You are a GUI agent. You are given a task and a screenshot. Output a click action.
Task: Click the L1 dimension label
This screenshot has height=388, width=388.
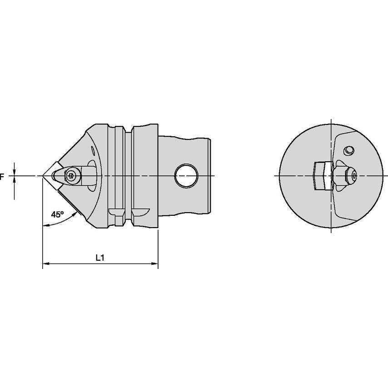tap(100, 258)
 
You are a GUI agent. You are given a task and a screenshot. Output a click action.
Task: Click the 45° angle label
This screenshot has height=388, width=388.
tap(57, 214)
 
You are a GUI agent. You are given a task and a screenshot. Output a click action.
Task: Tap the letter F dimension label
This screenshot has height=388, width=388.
tap(2, 176)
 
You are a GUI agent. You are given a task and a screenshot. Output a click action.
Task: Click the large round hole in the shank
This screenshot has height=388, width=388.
tap(186, 175)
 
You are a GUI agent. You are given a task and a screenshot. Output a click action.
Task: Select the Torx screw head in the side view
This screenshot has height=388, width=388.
tap(72, 175)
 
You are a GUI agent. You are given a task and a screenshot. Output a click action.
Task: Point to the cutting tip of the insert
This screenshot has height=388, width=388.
tap(43, 176)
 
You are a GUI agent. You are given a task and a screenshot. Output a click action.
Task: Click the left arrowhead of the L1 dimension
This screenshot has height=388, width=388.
tap(46, 264)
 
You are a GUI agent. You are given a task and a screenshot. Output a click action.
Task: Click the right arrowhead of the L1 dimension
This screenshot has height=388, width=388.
tap(155, 264)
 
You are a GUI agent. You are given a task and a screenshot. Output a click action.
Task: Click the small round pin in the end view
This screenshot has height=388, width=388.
tap(349, 150)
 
